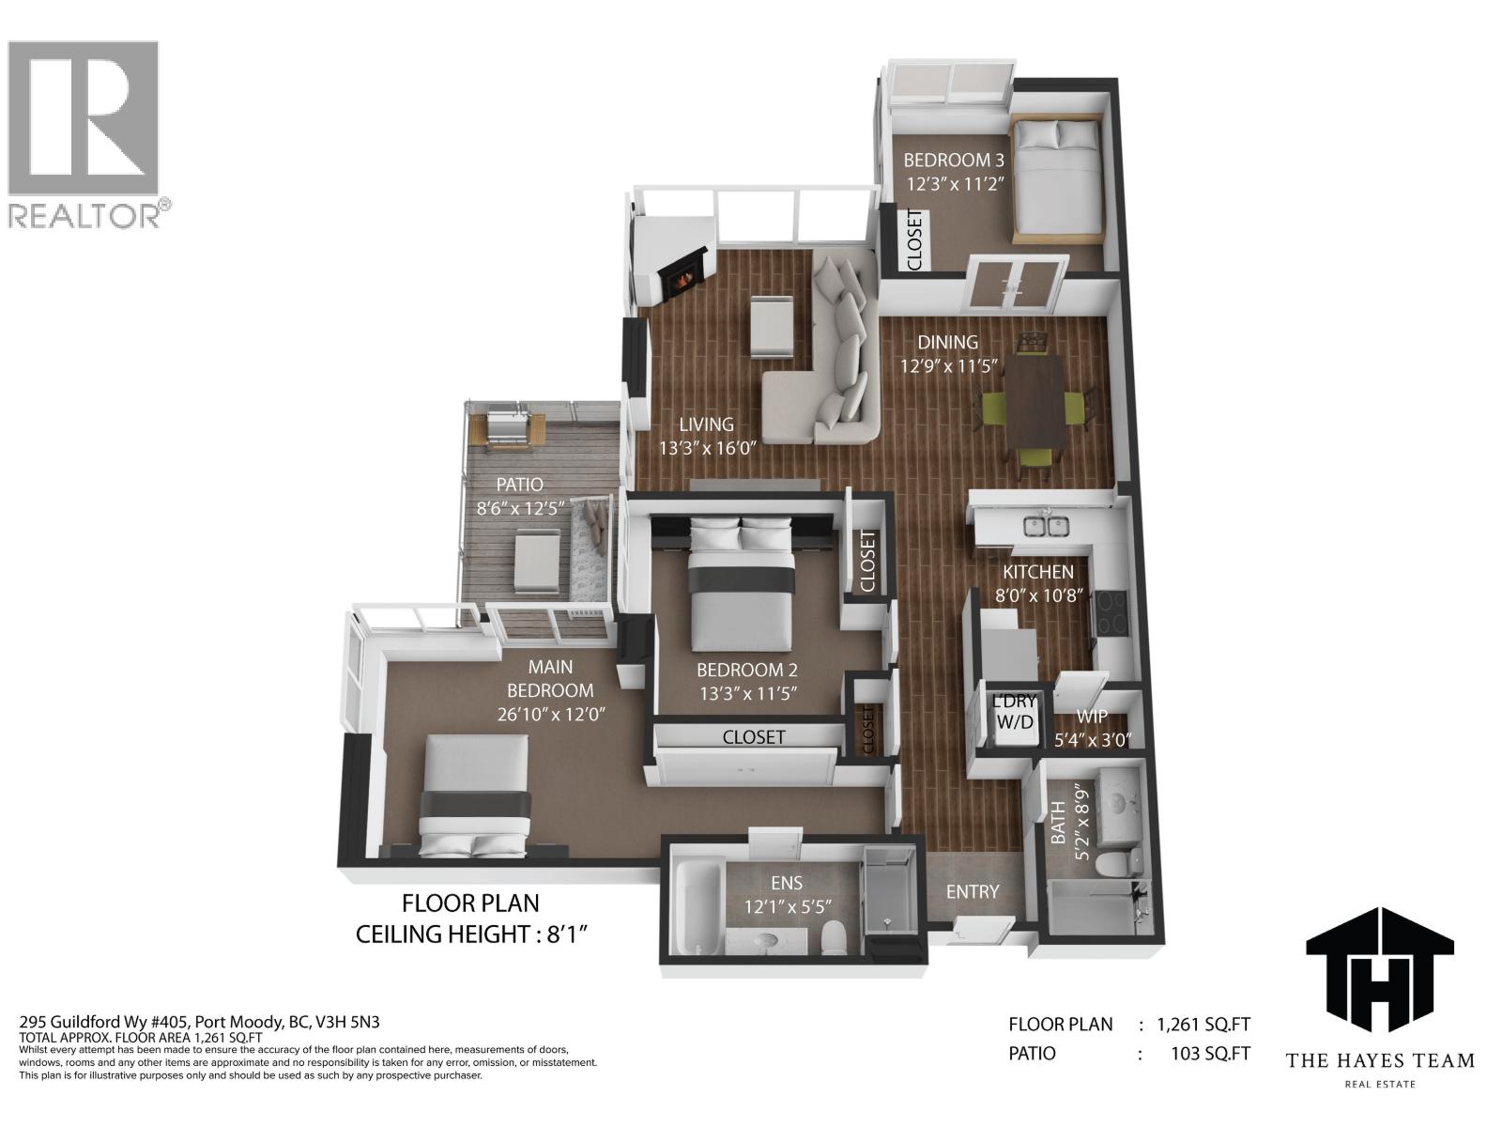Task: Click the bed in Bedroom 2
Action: [742, 592]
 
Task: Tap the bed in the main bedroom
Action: [475, 795]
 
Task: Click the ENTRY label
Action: [972, 891]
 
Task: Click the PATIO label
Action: [519, 485]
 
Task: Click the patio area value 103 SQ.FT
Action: [1211, 1053]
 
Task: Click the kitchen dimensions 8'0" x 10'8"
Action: [1039, 594]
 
